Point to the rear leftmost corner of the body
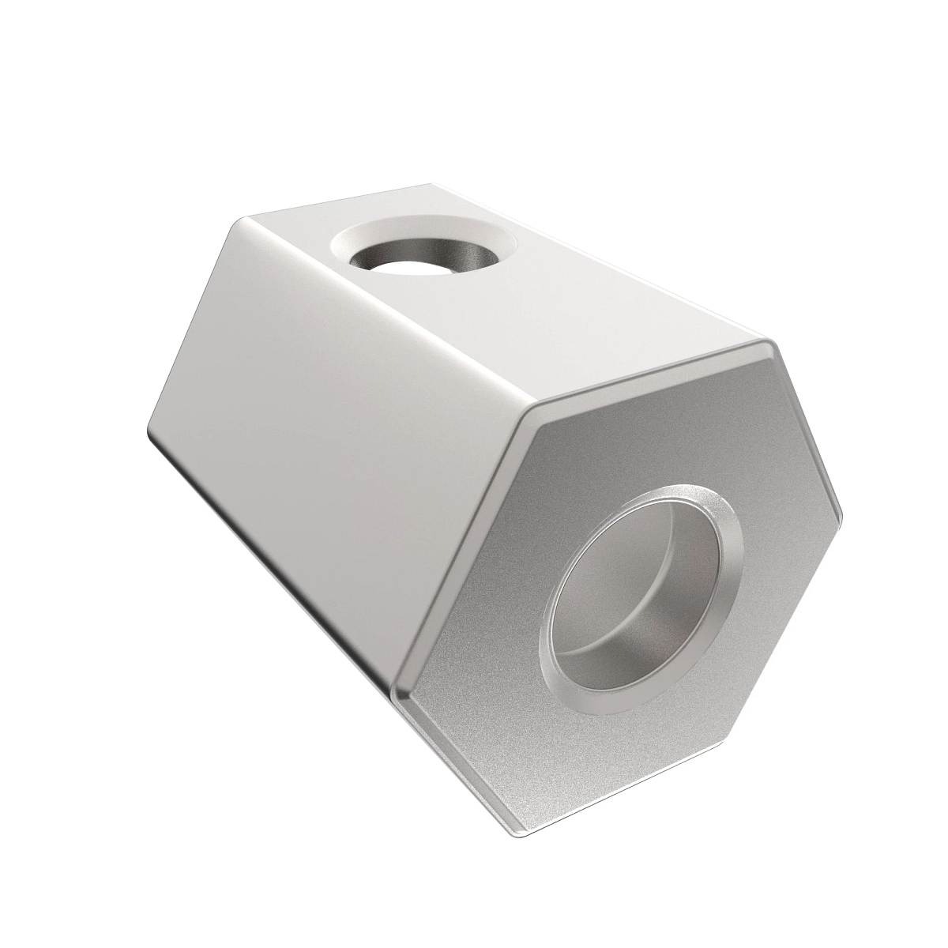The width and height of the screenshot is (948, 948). point(147,434)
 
